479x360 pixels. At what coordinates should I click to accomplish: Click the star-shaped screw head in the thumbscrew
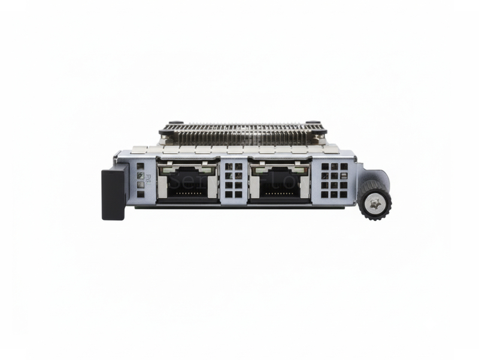pyautogui.click(x=375, y=204)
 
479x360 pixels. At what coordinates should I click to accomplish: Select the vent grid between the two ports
pyautogui.click(x=234, y=180)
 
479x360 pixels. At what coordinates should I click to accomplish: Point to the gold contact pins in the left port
pyautogui.click(x=187, y=193)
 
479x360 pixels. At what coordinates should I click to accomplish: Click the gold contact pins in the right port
pyautogui.click(x=280, y=193)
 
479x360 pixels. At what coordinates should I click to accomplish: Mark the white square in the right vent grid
pyautogui.click(x=344, y=176)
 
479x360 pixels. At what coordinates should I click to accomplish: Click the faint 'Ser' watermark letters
pyautogui.click(x=180, y=181)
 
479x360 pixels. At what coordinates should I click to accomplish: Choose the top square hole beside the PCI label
pyautogui.click(x=140, y=167)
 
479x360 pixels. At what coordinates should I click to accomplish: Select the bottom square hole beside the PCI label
pyautogui.click(x=140, y=194)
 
